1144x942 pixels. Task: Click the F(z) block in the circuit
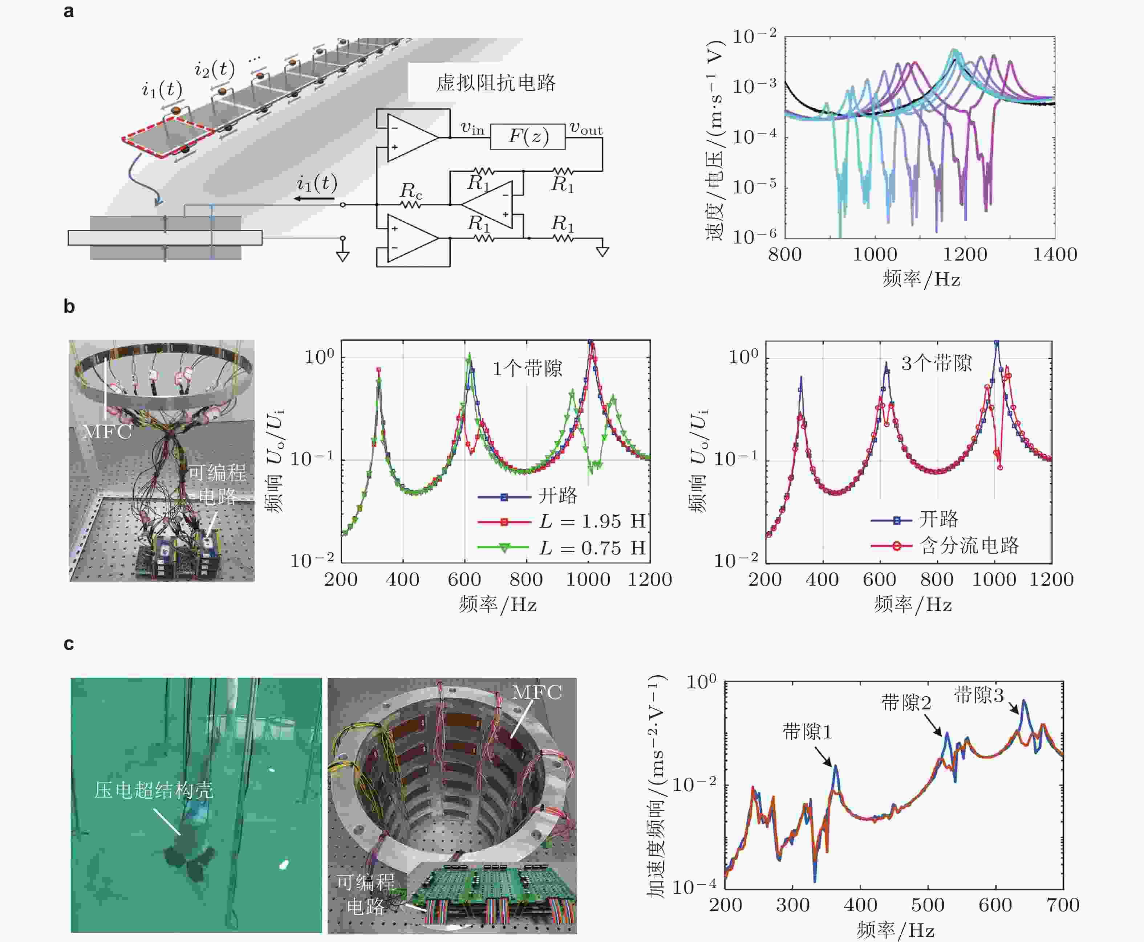pyautogui.click(x=527, y=136)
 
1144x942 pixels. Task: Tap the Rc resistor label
pyautogui.click(x=411, y=191)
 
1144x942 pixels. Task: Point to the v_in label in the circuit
pyautogui.click(x=472, y=128)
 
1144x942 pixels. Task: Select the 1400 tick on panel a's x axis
pyautogui.click(x=1054, y=254)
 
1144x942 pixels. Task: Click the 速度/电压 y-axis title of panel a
pyautogui.click(x=715, y=140)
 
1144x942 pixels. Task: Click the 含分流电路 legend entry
pyautogui.click(x=969, y=545)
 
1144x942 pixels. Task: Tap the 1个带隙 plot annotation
pyautogui.click(x=527, y=369)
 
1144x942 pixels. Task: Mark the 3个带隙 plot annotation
pyautogui.click(x=937, y=363)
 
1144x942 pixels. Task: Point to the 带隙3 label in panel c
pyautogui.click(x=979, y=695)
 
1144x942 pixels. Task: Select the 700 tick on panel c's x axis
pyautogui.click(x=1063, y=905)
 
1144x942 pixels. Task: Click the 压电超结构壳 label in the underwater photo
pyautogui.click(x=154, y=790)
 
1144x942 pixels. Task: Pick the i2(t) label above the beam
pyautogui.click(x=215, y=69)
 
